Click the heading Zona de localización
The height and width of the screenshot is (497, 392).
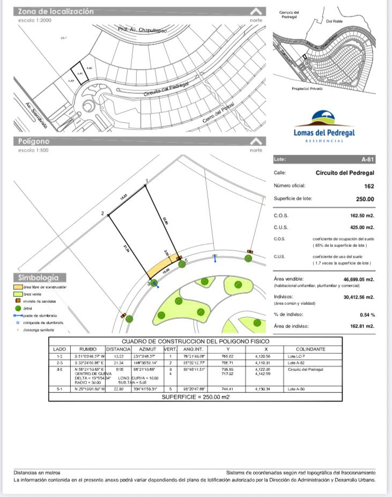coord(56,11)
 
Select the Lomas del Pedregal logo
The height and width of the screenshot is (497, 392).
coord(324,127)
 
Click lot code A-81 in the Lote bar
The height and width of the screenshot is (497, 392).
coord(367,159)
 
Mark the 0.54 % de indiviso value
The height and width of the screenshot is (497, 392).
coord(367,315)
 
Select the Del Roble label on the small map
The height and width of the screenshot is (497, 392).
coord(335,21)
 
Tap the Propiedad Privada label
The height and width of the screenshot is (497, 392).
coord(307,89)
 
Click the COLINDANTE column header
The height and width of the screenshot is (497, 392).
coord(310,349)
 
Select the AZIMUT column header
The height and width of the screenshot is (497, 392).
coord(147,349)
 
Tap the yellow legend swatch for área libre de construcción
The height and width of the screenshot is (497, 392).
coord(18,287)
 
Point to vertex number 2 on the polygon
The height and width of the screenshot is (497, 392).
coord(102,214)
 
